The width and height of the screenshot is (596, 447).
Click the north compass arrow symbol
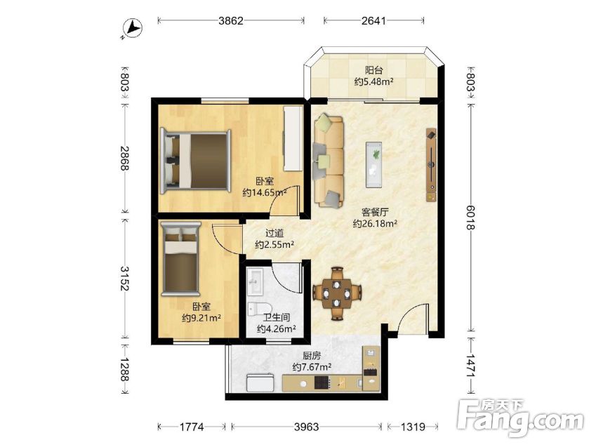point(134,29)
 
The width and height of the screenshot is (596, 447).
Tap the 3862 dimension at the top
point(231,20)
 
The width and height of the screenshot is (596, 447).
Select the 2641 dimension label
point(373,20)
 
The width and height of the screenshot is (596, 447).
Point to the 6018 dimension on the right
point(470,218)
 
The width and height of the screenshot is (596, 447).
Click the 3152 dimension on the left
point(124,278)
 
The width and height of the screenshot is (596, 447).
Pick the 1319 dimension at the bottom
point(413,427)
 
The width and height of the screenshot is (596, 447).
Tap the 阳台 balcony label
point(373,70)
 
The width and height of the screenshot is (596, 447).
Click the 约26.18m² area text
point(375,223)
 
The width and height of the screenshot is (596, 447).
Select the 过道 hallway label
point(274,233)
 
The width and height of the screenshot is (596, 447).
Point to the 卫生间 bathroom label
point(277,317)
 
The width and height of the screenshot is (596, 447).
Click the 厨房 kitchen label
point(312,356)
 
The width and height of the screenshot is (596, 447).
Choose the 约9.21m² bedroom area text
point(201,318)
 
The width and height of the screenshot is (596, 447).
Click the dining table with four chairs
point(337,293)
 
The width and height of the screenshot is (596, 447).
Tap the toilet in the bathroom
point(259,308)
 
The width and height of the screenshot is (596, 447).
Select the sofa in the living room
point(328,161)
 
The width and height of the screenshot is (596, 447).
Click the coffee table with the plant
point(373,165)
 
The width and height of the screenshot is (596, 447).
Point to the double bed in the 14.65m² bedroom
point(195,161)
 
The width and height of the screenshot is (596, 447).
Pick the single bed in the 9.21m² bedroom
point(180,259)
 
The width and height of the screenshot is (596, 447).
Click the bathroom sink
point(255,282)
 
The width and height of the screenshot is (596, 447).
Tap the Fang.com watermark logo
point(520,418)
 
